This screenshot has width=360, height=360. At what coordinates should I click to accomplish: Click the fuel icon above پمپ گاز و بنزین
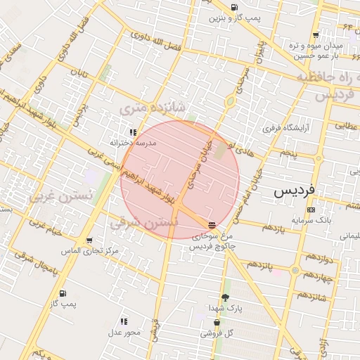[x=233, y=7]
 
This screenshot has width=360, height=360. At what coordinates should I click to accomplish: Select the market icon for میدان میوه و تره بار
[x=316, y=34]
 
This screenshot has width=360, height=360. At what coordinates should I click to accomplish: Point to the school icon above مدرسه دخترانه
[x=132, y=131]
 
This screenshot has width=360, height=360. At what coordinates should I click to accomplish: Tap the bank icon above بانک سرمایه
[x=311, y=209]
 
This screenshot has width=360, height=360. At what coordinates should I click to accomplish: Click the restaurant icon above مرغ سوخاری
[x=212, y=225]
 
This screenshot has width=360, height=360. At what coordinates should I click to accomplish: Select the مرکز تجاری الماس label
[x=89, y=250]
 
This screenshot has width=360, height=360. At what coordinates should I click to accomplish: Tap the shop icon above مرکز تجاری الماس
[x=89, y=239]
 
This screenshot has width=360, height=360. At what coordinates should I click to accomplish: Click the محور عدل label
[x=124, y=332]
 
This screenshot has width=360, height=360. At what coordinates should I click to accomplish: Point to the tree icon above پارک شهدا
[x=225, y=297]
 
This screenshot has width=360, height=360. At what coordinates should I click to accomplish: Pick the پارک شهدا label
[x=225, y=309]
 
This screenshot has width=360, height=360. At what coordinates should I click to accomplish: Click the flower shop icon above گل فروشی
[x=217, y=323]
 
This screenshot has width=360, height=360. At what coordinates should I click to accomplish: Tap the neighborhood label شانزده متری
[x=152, y=108]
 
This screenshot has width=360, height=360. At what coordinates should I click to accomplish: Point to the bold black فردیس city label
[x=296, y=191]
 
